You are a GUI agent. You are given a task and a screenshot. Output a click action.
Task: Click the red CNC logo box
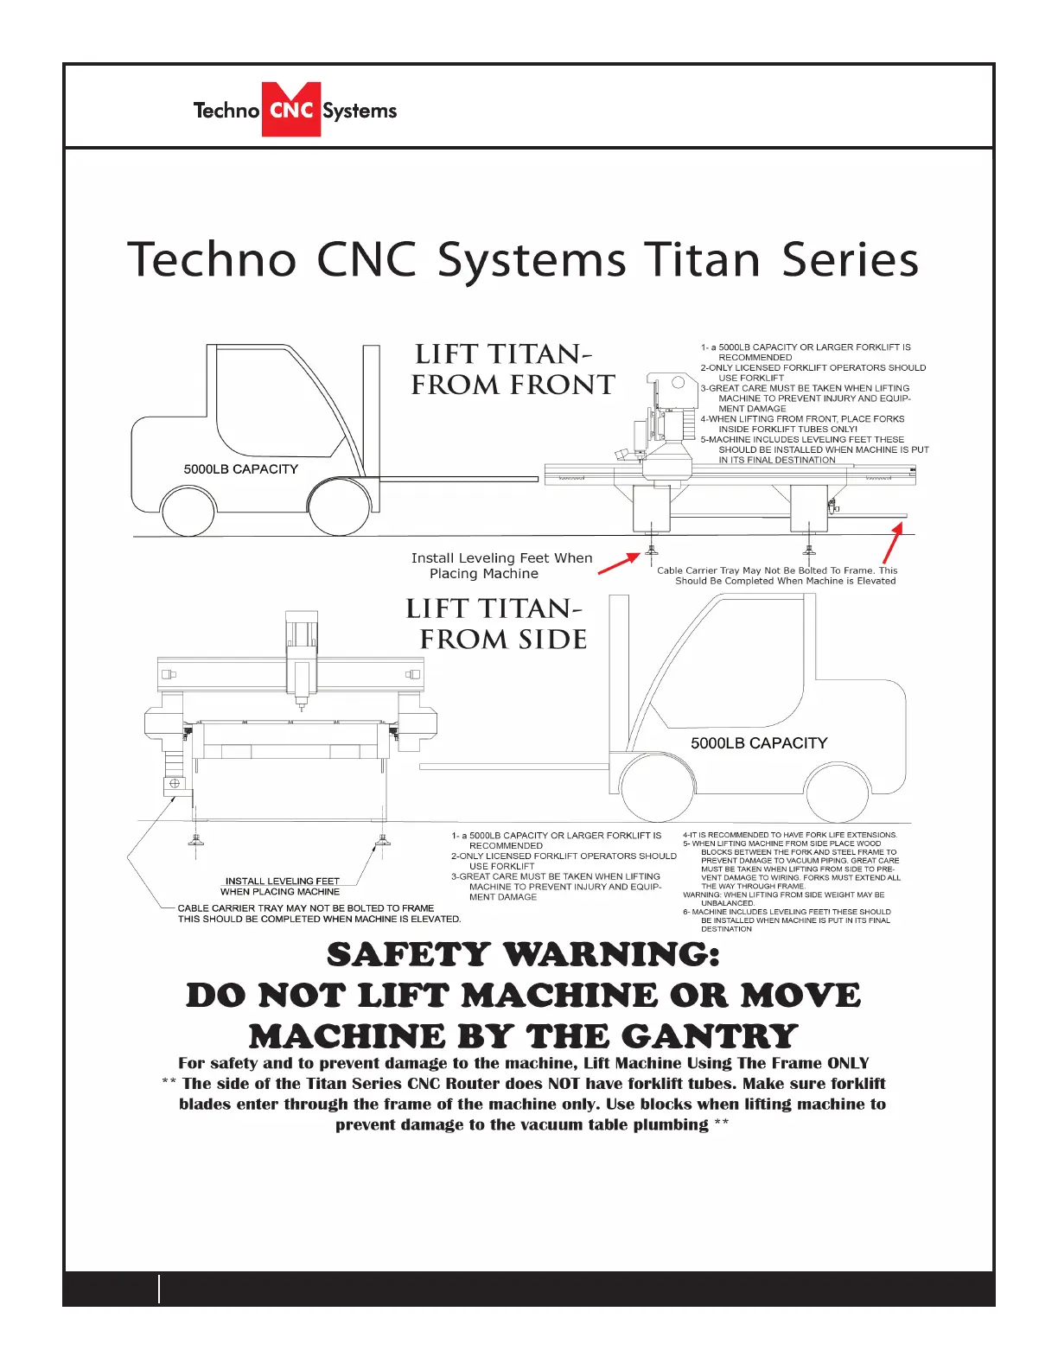291,110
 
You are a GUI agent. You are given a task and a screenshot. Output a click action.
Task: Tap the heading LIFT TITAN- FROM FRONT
512,369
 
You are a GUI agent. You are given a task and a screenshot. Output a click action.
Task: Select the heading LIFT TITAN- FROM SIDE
496,624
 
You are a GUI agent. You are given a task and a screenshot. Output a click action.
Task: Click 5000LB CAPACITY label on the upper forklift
240,469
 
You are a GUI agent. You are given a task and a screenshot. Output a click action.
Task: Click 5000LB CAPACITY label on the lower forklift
758,743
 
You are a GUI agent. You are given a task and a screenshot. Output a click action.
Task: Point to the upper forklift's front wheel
339,508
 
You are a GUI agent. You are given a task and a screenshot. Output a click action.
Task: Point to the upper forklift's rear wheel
188,510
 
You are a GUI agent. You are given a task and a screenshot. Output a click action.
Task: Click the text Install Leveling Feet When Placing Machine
500,566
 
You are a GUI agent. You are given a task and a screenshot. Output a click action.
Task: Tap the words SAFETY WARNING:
523,955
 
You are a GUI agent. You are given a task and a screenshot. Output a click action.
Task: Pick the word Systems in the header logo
360,111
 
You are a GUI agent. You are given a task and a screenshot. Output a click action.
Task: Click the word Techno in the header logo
226,111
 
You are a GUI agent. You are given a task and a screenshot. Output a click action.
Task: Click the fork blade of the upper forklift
458,478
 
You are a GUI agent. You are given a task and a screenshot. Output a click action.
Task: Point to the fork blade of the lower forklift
514,766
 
